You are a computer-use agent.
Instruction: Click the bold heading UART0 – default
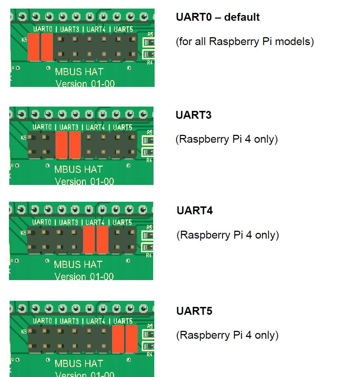(218, 17)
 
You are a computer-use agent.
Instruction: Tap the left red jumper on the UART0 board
(33, 47)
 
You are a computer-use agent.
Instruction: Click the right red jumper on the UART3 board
(75, 145)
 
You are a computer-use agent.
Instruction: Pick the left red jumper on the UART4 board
(89, 240)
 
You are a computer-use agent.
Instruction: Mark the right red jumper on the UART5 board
(131, 339)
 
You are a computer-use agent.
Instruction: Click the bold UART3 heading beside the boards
(193, 115)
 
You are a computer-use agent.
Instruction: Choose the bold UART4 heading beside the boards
(194, 210)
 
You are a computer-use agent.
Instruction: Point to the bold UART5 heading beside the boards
(194, 311)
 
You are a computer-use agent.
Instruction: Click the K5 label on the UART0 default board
(24, 40)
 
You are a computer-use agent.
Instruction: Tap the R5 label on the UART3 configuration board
(149, 132)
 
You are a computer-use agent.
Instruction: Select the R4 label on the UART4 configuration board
(149, 255)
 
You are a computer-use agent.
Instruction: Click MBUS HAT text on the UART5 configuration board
(79, 363)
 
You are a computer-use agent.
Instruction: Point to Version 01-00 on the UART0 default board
(85, 84)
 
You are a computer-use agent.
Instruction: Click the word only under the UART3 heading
(266, 139)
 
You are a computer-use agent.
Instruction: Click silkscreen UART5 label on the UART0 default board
(123, 29)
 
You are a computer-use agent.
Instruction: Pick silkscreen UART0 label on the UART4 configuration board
(42, 222)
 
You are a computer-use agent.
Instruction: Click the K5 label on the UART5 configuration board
(24, 332)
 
